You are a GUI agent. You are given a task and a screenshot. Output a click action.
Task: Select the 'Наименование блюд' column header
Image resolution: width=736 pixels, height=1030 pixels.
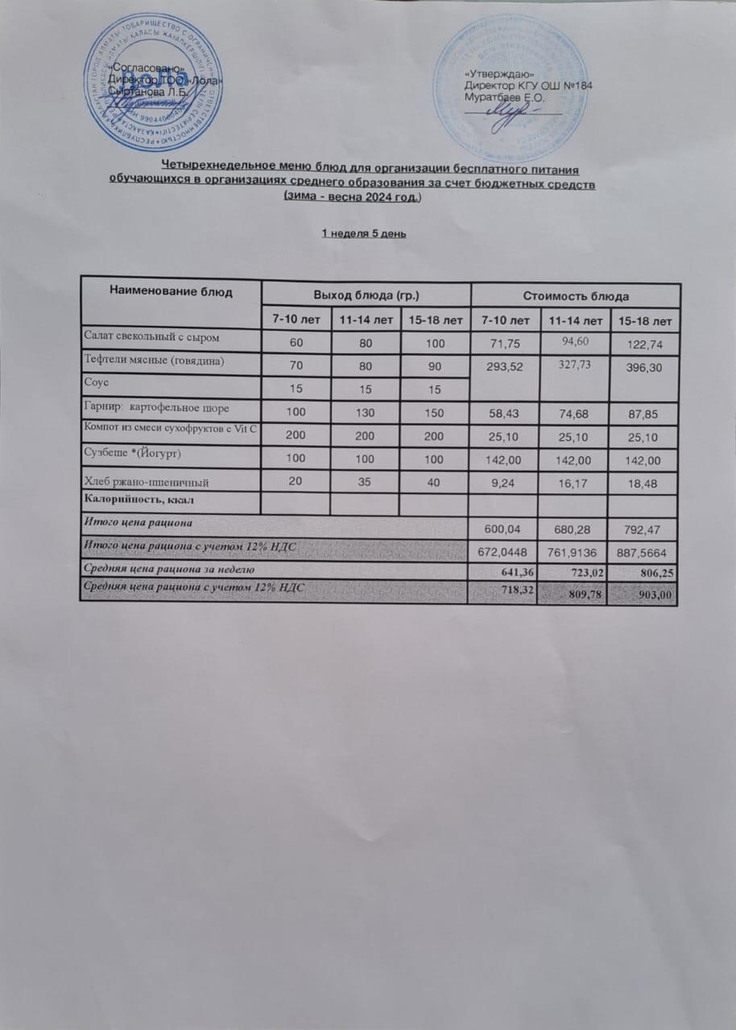171,292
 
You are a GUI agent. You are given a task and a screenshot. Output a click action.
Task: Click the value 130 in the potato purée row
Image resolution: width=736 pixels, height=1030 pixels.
366,412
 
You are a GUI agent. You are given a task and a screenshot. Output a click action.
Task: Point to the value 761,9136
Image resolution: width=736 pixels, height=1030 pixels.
574,551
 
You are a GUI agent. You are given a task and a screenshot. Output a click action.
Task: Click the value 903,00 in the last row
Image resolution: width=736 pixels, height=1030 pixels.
655,595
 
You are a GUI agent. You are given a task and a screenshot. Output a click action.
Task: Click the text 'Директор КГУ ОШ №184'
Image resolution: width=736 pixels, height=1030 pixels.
529,86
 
